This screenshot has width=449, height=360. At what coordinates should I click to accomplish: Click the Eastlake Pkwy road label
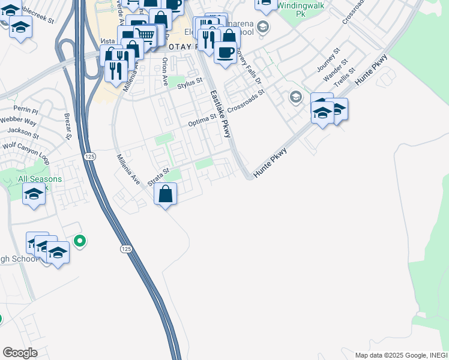coord(220,114)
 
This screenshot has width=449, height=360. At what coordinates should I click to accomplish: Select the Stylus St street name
coord(190,86)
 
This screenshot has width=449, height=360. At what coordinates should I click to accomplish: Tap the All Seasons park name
coord(40,179)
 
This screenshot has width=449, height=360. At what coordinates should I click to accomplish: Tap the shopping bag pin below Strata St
coord(166,194)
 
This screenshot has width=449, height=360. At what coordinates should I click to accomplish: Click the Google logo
coord(20,353)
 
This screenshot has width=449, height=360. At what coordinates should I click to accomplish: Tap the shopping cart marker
coord(145,35)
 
